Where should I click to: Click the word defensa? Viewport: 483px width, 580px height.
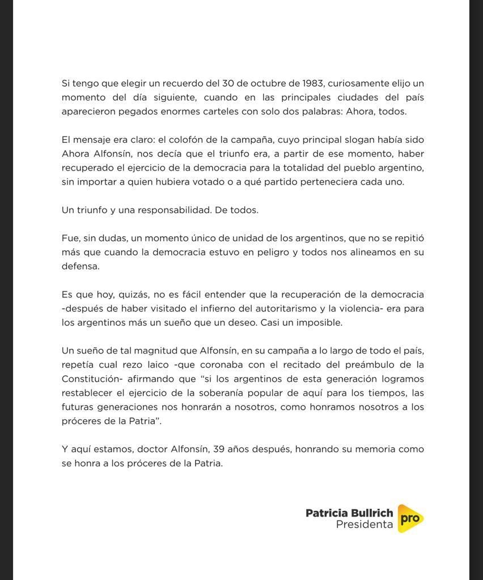point(80,266)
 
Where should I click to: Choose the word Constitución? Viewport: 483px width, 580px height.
point(91,379)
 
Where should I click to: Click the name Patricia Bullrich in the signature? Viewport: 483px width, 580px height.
point(349,513)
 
